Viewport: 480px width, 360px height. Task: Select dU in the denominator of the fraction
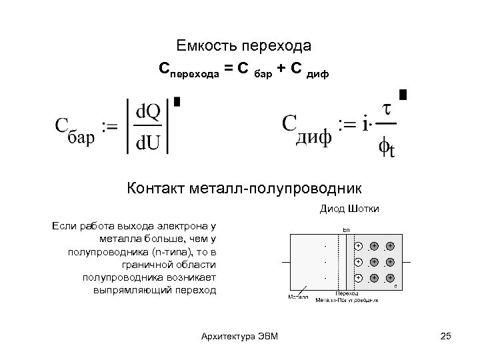[x=148, y=141]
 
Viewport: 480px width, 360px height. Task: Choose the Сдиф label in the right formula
[x=307, y=127]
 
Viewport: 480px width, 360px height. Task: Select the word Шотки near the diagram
[x=365, y=209]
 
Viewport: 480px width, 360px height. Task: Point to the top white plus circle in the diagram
[x=359, y=246]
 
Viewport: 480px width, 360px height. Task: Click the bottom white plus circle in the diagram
[x=359, y=277]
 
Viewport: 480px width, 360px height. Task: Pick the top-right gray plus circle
[x=389, y=246]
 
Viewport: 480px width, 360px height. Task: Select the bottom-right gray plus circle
[x=389, y=277]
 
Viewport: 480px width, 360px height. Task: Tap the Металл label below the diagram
[x=298, y=296]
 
